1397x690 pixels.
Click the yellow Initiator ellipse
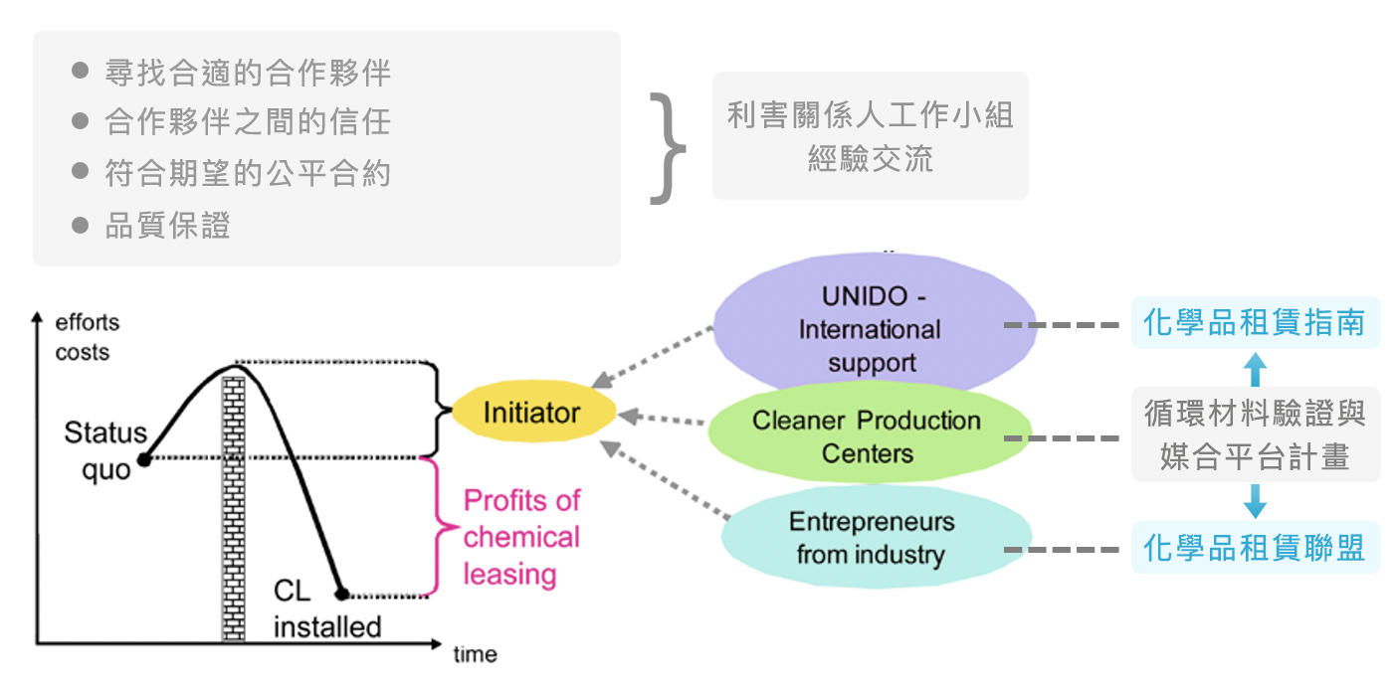tap(531, 413)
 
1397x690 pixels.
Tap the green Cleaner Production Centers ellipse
tap(867, 437)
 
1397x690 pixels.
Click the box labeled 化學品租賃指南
tap(1255, 322)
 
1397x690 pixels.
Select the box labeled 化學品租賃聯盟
tap(1255, 548)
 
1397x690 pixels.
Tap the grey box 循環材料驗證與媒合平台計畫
tap(1255, 434)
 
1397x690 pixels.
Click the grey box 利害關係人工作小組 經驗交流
tap(870, 136)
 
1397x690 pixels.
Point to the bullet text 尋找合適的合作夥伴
tap(247, 73)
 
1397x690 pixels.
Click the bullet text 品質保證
tap(167, 226)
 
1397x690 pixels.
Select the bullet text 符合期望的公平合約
tap(247, 174)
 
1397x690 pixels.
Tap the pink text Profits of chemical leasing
tap(521, 537)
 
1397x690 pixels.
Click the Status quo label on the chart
tap(103, 450)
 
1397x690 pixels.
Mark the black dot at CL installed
tap(341, 595)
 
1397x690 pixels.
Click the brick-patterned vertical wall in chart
tap(233, 507)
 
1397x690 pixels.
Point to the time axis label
tap(475, 655)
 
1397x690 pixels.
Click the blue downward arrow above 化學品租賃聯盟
tap(1256, 501)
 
